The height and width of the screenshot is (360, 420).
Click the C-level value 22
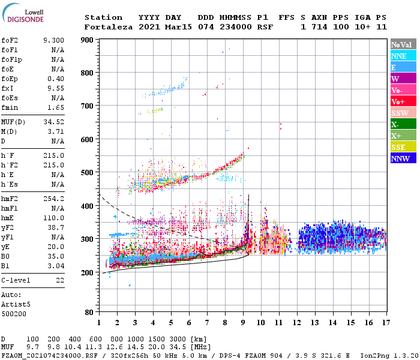pyautogui.click(x=60, y=280)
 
